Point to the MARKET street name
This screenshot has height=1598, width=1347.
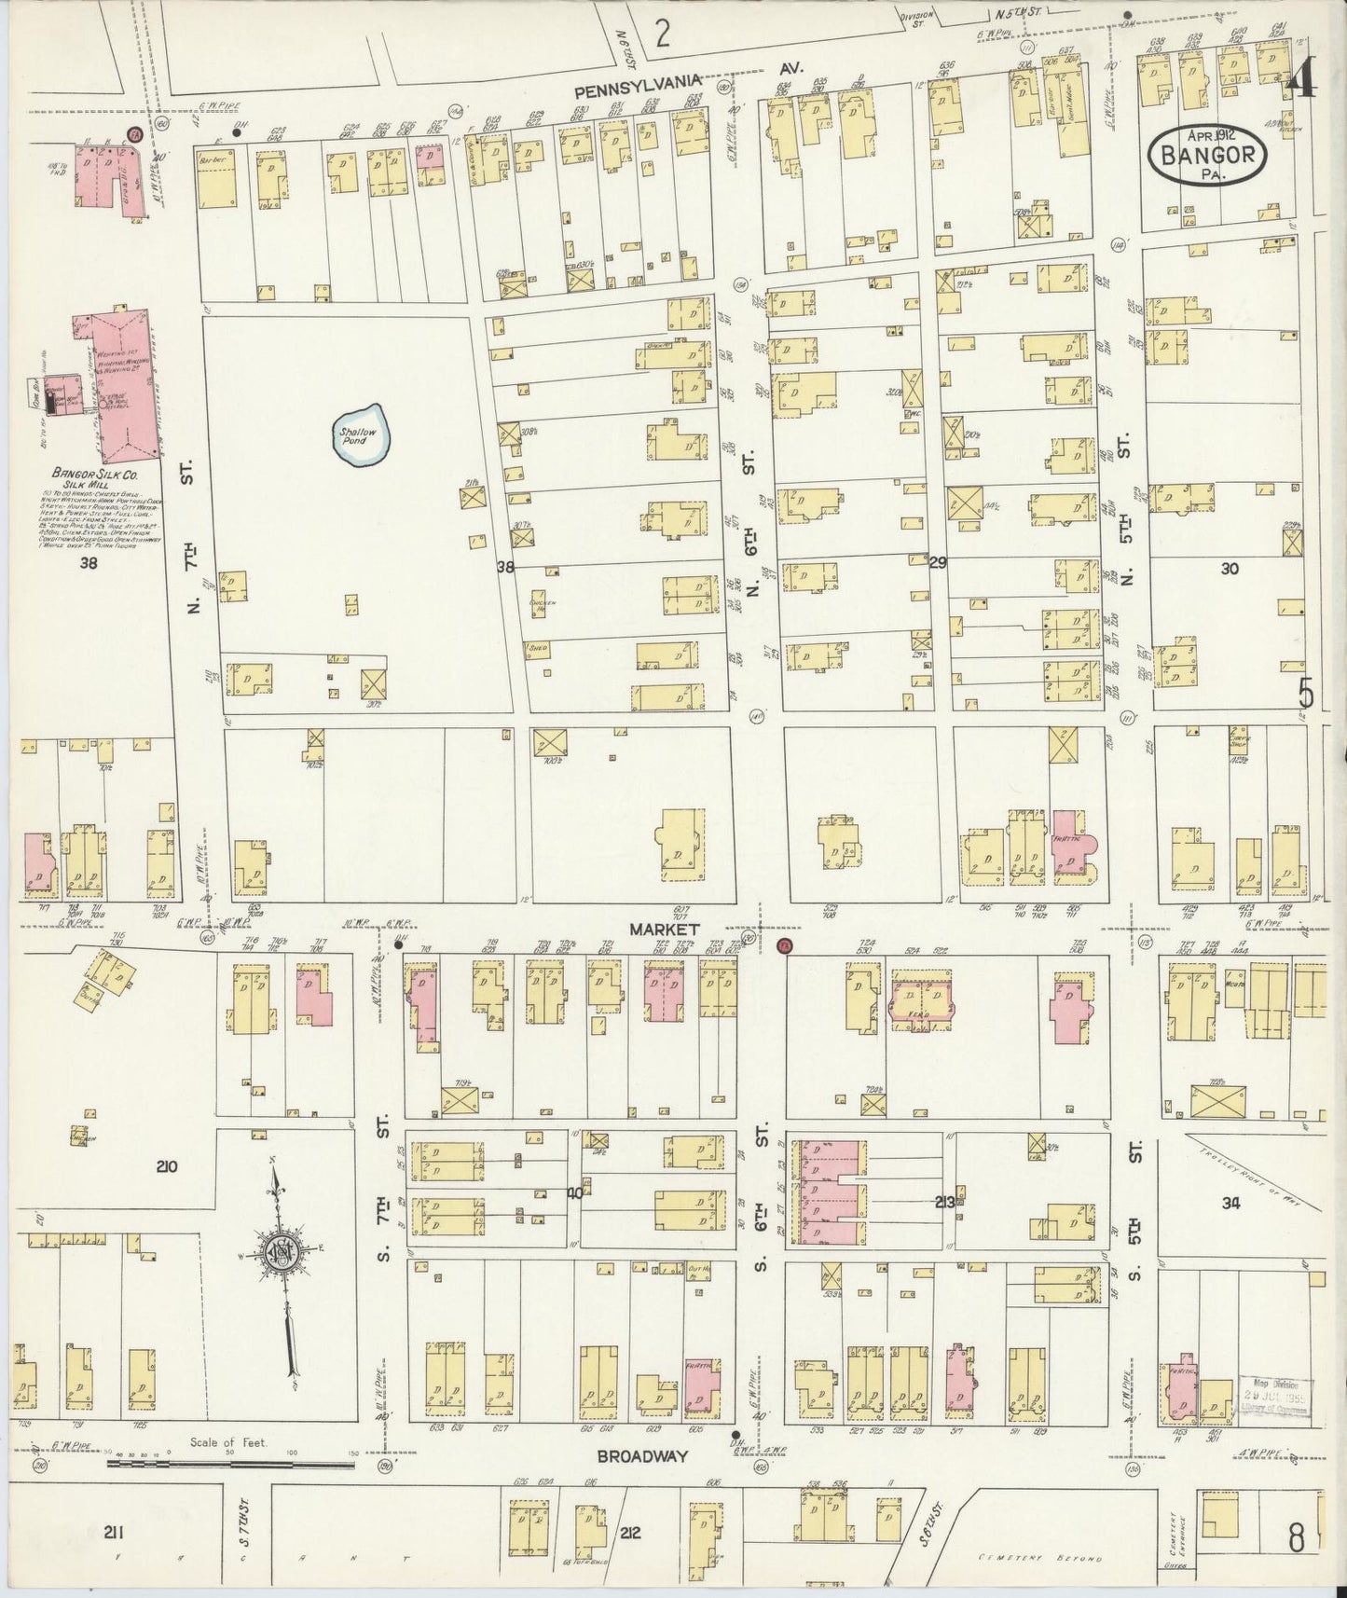(x=664, y=930)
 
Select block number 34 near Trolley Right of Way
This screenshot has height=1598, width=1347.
(x=1230, y=1203)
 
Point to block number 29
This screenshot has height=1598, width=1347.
(x=937, y=562)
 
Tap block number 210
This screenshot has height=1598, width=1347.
(x=168, y=1166)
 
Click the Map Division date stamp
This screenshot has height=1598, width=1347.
(x=1274, y=1398)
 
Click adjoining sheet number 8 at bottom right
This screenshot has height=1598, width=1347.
(x=1296, y=1538)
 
